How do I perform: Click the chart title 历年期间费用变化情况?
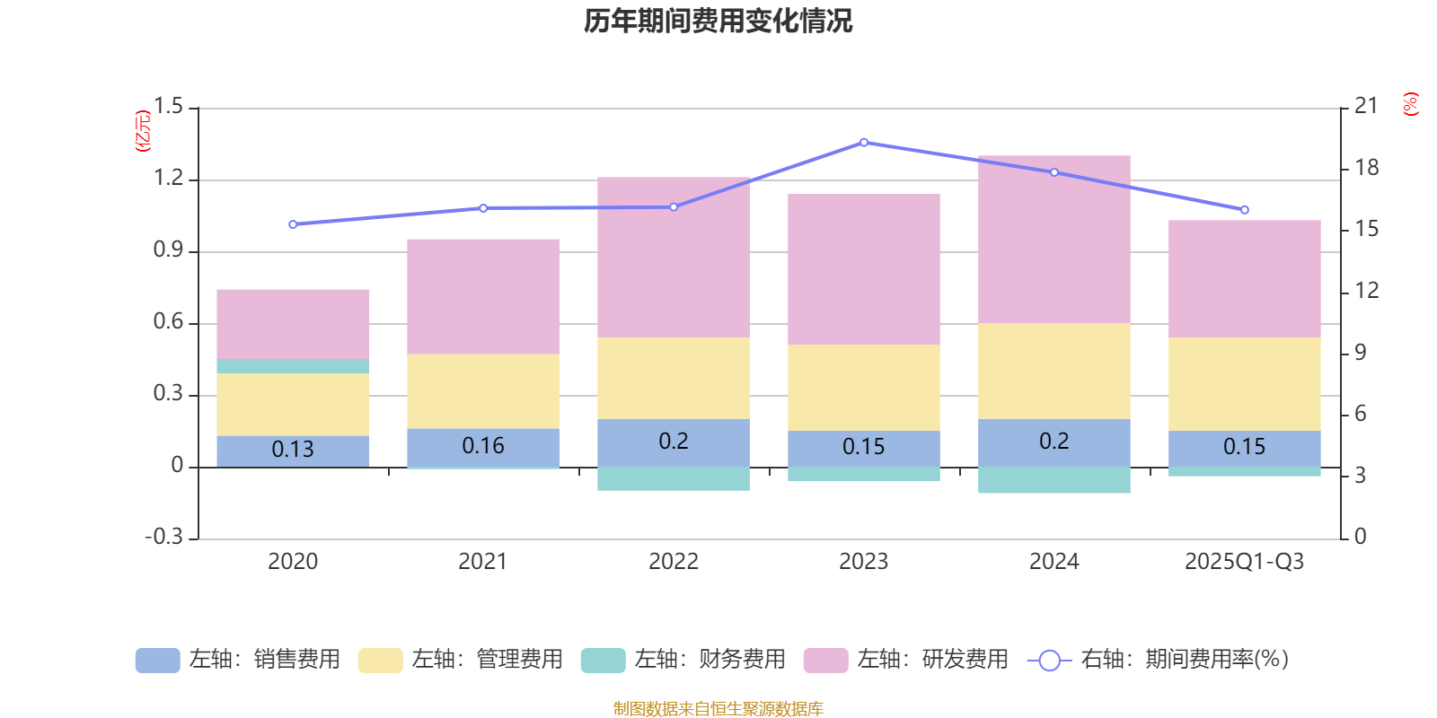tap(718, 21)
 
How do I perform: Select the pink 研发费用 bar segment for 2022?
tap(674, 257)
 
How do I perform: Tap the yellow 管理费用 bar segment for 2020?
tap(293, 404)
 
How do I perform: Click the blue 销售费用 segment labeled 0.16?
tap(483, 446)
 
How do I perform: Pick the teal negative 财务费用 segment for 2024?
tap(1054, 479)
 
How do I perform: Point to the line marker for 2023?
tap(864, 143)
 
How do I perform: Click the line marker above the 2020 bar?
tap(293, 224)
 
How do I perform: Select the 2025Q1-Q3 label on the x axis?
tap(1244, 562)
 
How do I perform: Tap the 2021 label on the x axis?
tap(483, 562)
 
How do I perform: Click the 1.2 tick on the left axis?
tap(168, 179)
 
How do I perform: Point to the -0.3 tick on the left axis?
tap(164, 537)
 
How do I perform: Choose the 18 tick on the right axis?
tap(1366, 168)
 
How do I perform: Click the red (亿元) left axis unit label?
tap(143, 131)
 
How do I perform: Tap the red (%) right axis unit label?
tap(1411, 104)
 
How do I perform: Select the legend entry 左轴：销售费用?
tap(238, 660)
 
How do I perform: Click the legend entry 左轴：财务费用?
tap(683, 660)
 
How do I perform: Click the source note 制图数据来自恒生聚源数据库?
tap(718, 709)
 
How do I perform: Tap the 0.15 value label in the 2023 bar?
tap(864, 447)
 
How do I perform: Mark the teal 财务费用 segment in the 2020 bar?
tap(293, 366)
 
